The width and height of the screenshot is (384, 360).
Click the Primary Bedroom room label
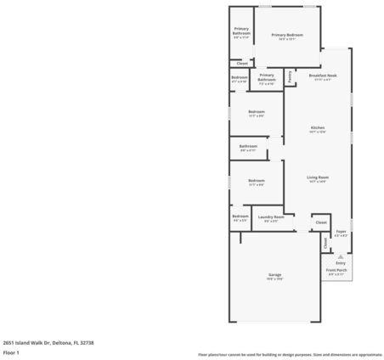tap(288, 34)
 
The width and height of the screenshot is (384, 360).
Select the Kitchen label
tap(318, 128)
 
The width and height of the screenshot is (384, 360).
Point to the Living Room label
tap(318, 177)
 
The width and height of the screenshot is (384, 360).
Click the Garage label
tap(274, 275)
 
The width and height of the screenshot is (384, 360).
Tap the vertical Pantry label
tap(290, 77)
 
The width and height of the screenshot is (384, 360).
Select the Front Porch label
tap(336, 270)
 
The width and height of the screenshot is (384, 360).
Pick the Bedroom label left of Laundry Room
tap(240, 216)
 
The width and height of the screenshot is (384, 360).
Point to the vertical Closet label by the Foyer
tap(325, 242)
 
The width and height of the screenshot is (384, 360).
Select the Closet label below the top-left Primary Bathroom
tap(242, 64)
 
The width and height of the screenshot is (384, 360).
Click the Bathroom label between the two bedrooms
tap(248, 146)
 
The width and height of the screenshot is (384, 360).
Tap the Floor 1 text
tap(11, 352)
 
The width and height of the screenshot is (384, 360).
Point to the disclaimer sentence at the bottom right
tap(290, 353)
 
